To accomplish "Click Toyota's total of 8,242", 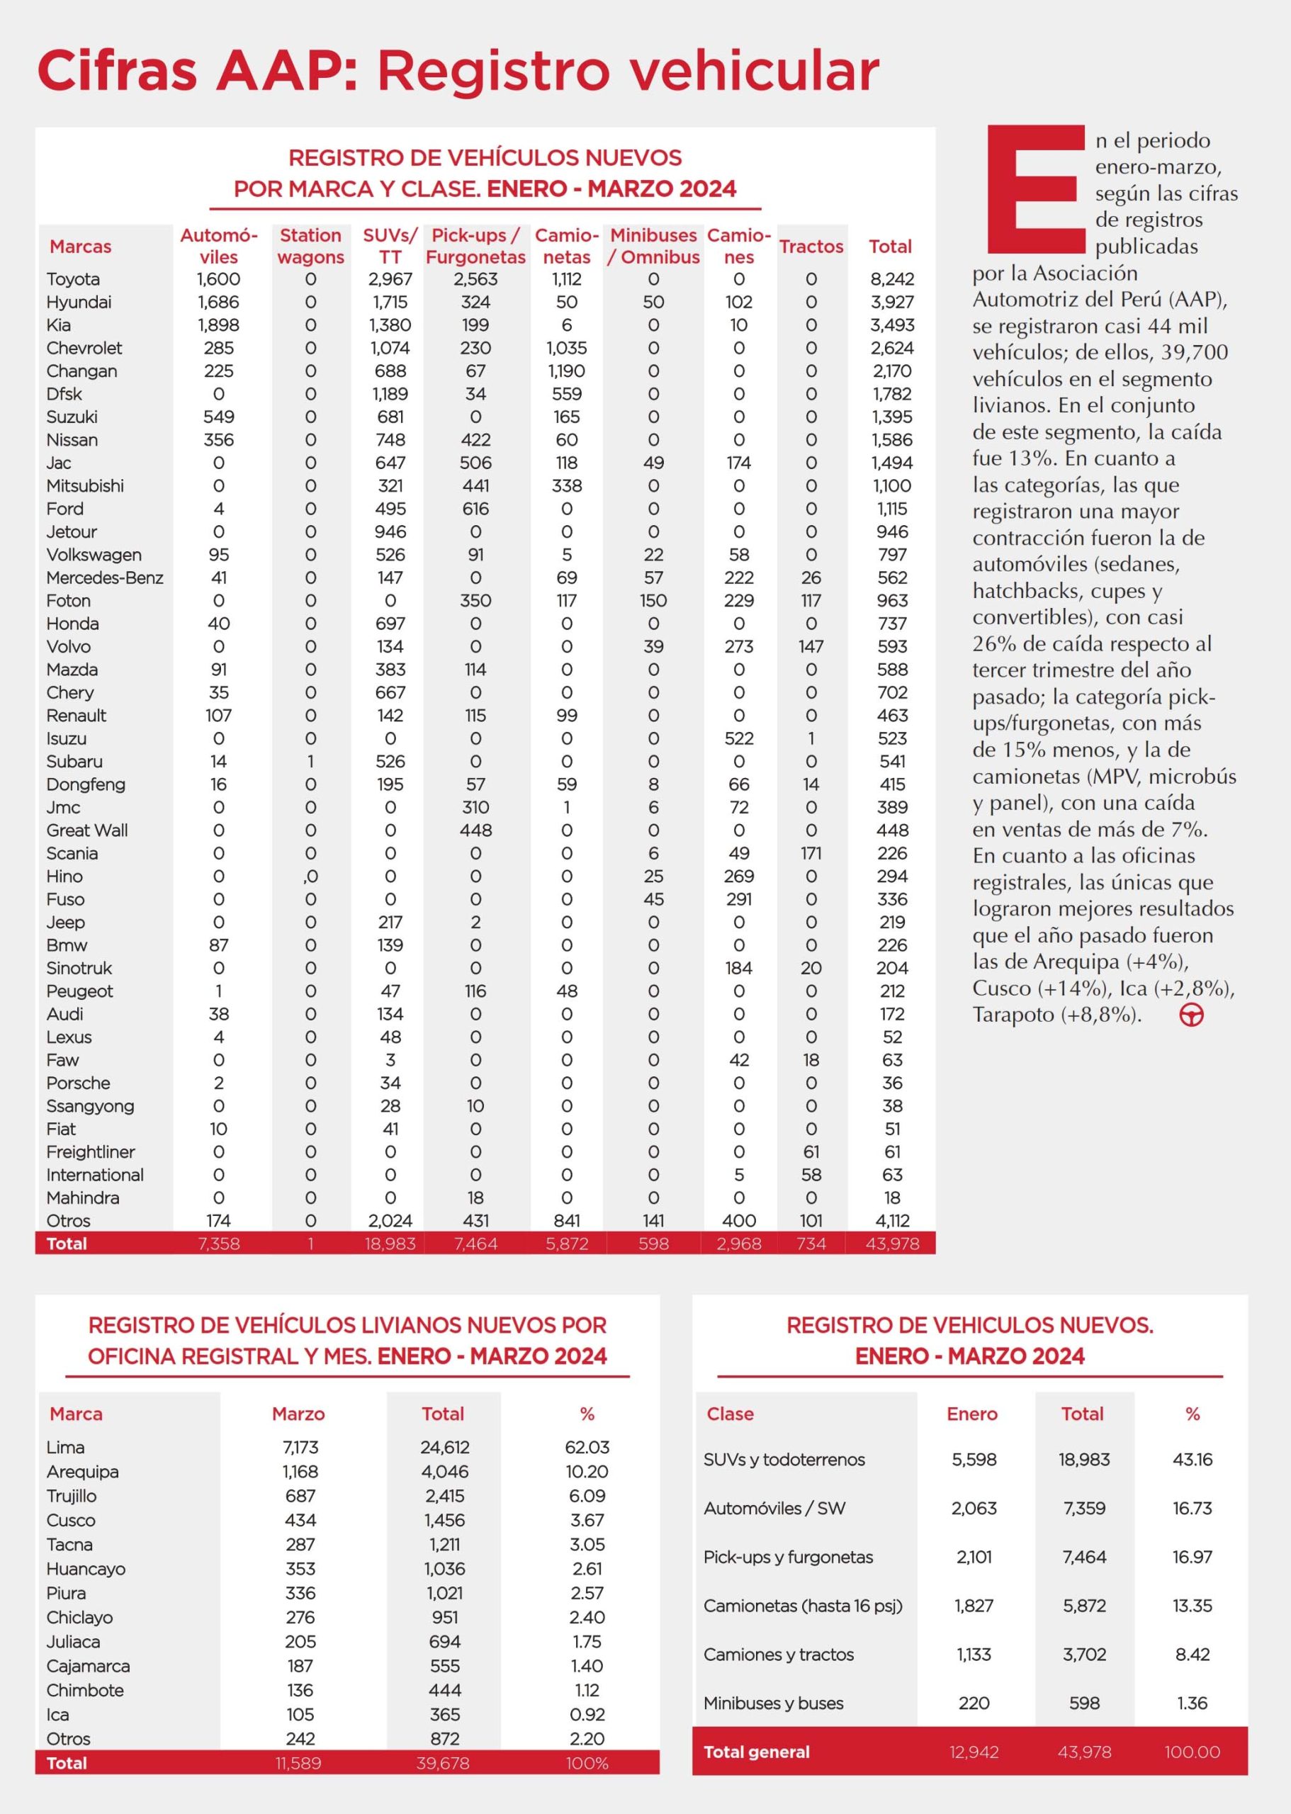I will (892, 279).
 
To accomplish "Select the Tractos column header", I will (811, 247).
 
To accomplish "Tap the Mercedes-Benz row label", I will (104, 578).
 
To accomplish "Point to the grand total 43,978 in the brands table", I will (892, 1244).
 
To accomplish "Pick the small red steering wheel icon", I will (1191, 1015).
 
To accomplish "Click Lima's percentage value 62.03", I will (587, 1447).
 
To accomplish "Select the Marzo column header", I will (298, 1414).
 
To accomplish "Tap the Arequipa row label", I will (83, 1471).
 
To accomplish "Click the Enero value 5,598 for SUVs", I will (974, 1459).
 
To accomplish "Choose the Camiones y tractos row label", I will (778, 1655).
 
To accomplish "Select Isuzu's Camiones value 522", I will (738, 738).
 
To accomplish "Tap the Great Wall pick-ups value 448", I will (475, 830).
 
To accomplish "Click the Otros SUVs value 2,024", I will (390, 1220).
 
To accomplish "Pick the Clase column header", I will (730, 1414).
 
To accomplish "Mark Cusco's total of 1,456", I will (444, 1520).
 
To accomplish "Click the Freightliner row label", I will (91, 1152).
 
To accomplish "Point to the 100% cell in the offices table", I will (587, 1762).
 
